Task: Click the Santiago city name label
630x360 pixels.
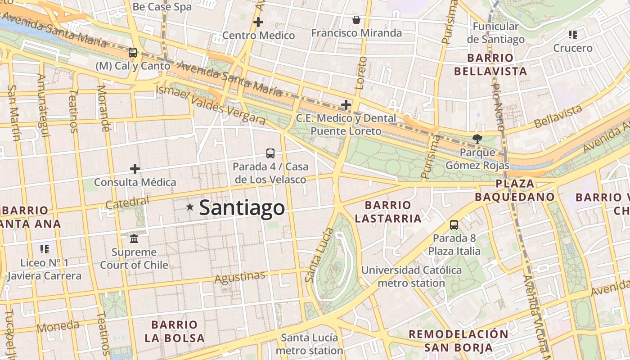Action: (242, 208)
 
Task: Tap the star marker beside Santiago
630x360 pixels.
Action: (190, 207)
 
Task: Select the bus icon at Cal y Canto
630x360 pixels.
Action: (132, 53)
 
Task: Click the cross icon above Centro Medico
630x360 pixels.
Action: (258, 22)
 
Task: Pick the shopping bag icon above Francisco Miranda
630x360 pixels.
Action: (356, 20)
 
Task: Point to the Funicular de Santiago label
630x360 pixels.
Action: (495, 33)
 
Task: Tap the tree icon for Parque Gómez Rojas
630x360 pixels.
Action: (477, 139)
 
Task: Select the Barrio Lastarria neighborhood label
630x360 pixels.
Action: (388, 212)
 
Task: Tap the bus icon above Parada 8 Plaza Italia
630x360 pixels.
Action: (454, 225)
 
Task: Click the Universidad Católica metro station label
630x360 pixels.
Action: (411, 277)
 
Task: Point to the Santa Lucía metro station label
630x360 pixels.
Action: (309, 344)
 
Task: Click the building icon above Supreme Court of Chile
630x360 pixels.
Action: (134, 238)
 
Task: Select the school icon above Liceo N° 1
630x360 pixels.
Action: (44, 249)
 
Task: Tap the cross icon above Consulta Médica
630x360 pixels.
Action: (135, 169)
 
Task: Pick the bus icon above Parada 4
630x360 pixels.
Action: (270, 153)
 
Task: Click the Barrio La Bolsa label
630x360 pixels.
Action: (175, 331)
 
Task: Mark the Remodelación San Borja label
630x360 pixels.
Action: (458, 341)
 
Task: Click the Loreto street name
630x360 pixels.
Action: (361, 73)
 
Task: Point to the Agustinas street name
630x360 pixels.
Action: (239, 277)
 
